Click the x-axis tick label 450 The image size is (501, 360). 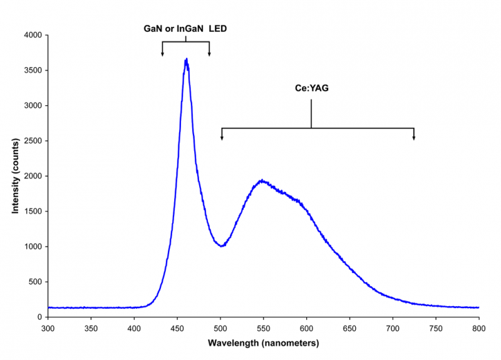pos(177,328)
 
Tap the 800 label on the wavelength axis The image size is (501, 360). pos(479,328)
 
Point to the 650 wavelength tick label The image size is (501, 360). pos(349,328)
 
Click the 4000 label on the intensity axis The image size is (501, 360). pos(32,36)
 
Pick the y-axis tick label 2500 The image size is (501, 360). pos(32,141)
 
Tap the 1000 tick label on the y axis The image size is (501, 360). pos(32,247)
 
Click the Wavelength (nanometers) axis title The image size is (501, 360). pos(263,343)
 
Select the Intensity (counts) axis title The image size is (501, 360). pos(16,177)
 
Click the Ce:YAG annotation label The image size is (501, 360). pos(312,88)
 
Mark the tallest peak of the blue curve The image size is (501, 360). pos(187,59)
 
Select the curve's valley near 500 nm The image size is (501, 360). pos(221,246)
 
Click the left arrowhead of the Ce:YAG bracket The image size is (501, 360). pos(222,138)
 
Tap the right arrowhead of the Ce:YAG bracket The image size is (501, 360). pos(413,138)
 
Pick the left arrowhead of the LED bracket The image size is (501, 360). pos(162,54)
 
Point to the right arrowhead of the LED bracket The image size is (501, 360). pos(209,54)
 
